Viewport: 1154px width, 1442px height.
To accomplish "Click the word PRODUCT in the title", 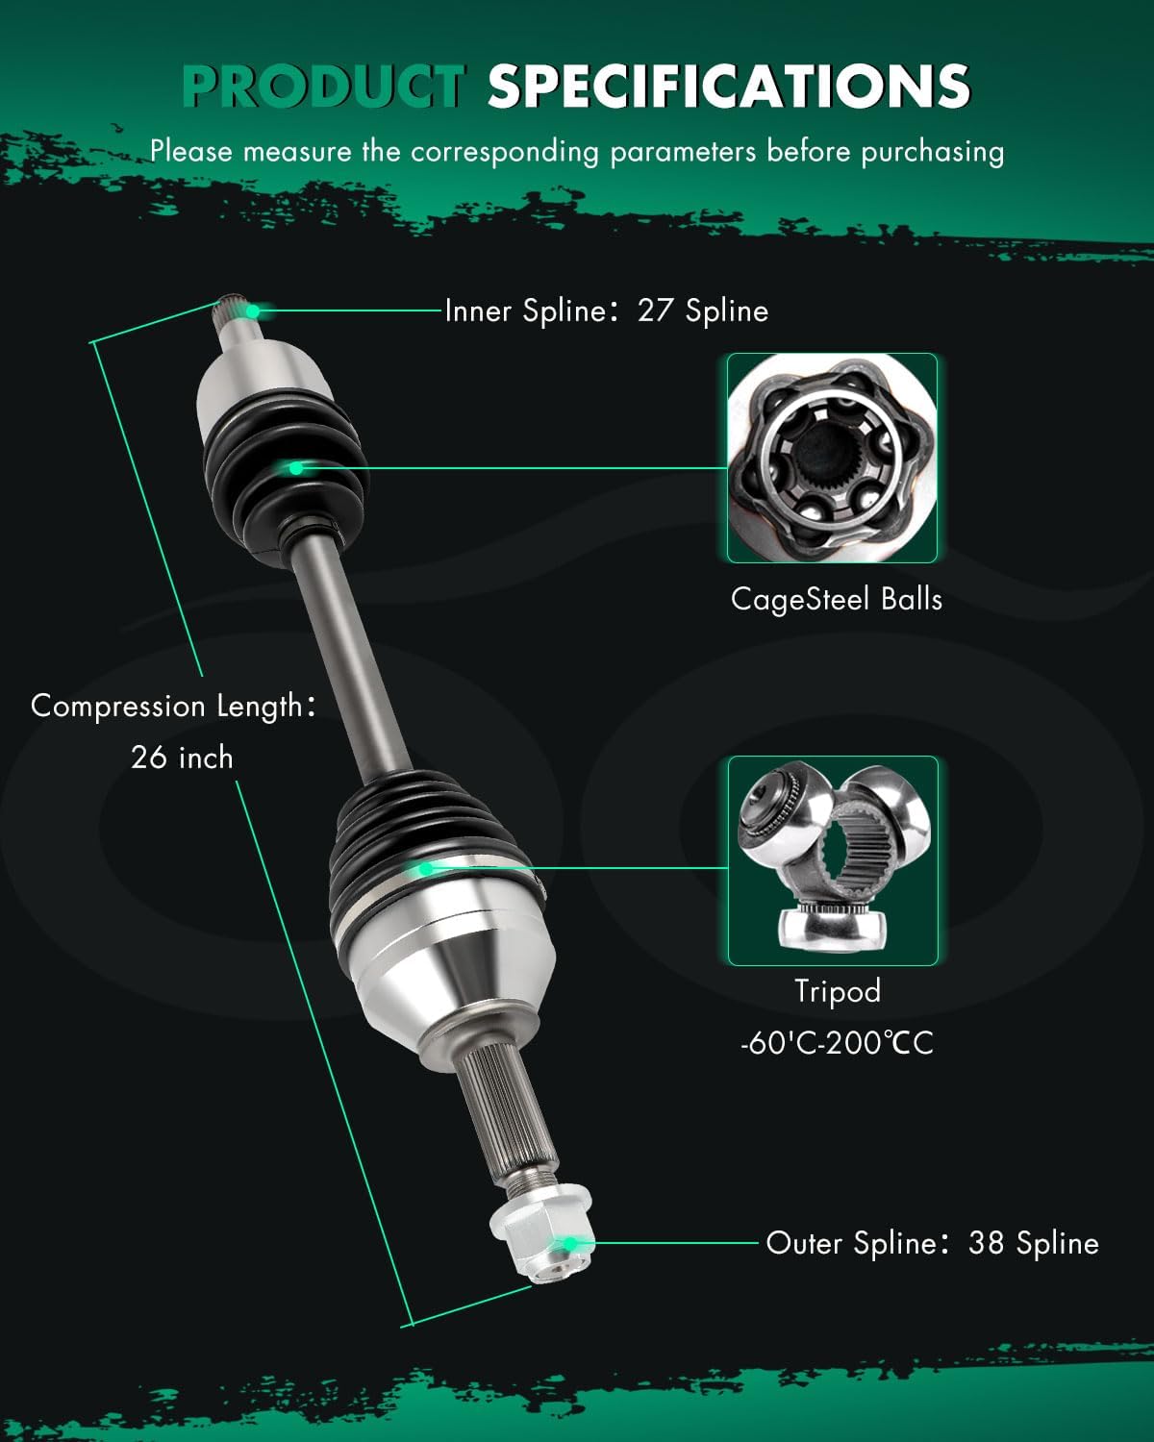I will pos(323,87).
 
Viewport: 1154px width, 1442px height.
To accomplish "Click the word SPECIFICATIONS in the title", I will pos(728,87).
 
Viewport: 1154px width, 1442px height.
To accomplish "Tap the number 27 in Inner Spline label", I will pos(656,311).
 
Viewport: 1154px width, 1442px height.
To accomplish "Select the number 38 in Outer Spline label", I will pos(987,1243).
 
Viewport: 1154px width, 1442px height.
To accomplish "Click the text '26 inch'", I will pos(182,758).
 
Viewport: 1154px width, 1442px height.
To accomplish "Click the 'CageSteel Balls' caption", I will pos(836,599).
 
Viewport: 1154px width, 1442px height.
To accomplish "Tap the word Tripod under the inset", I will pos(837,990).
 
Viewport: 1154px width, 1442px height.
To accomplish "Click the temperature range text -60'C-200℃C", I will pos(837,1042).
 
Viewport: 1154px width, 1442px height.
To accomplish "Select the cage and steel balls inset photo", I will pos(832,458).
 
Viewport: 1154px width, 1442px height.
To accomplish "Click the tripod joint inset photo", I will pos(832,860).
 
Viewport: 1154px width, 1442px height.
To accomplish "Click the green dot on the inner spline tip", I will pos(253,311).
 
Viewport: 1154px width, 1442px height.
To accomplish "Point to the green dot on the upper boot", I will pos(295,468).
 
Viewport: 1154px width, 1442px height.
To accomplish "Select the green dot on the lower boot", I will pos(424,868).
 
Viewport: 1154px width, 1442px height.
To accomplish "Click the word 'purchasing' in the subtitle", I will pos(932,152).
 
